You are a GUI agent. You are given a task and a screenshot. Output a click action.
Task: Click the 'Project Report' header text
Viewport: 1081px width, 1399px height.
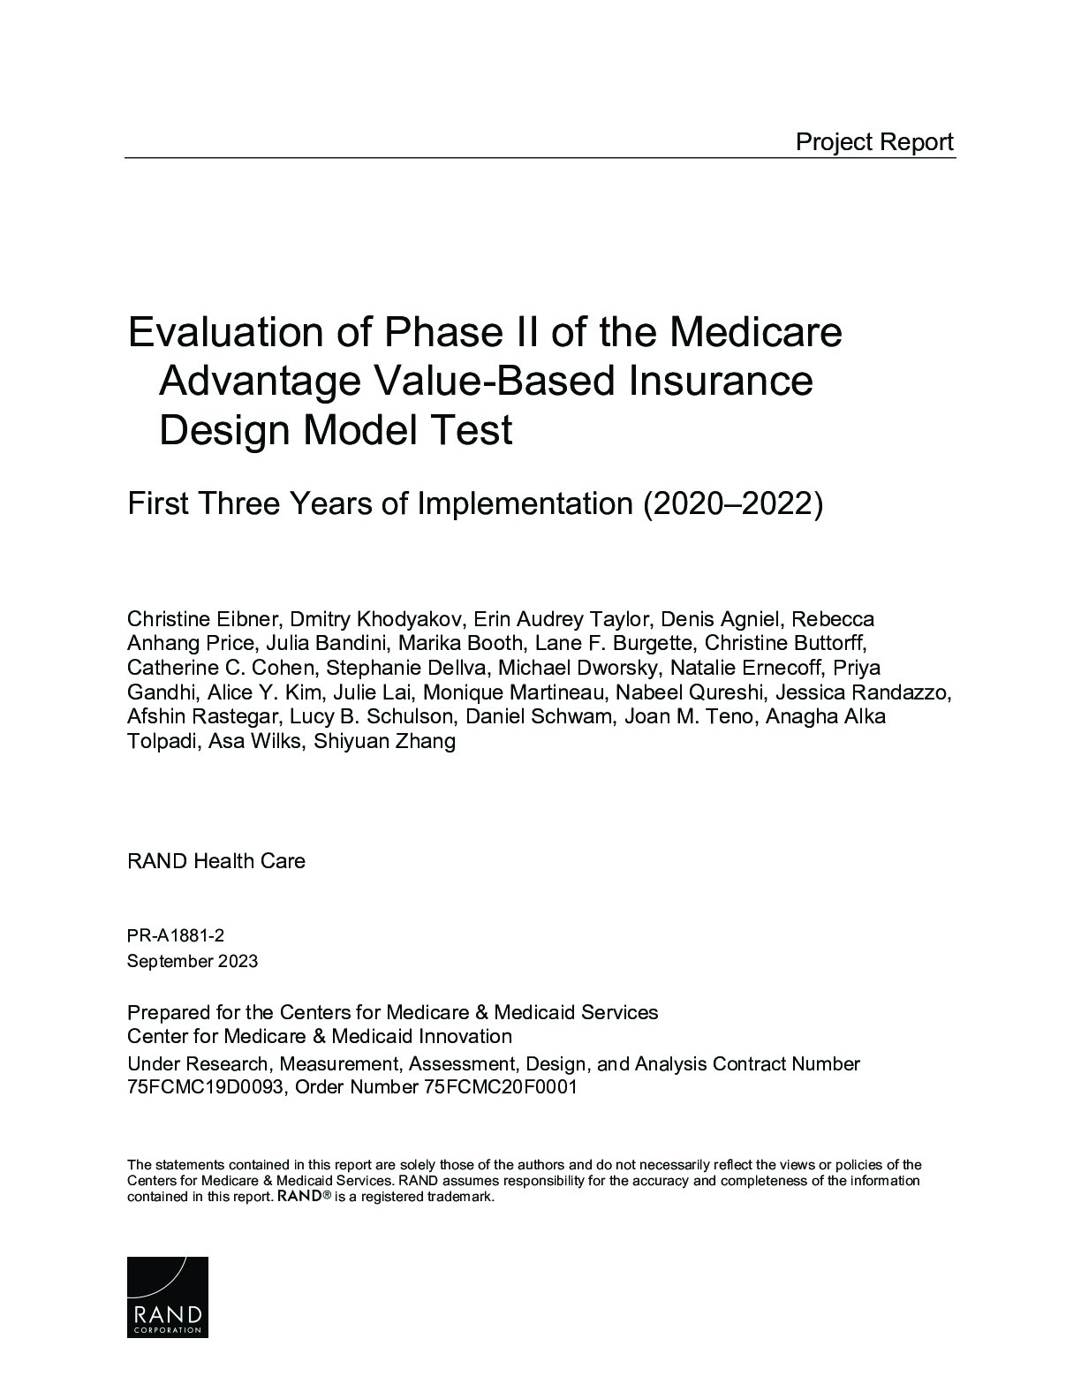click(874, 141)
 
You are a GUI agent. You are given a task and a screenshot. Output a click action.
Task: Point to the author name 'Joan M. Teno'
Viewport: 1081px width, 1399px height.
click(689, 716)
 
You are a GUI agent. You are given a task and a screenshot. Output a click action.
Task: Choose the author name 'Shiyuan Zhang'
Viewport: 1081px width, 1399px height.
click(384, 741)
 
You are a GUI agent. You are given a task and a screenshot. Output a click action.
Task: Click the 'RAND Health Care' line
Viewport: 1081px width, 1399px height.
click(216, 861)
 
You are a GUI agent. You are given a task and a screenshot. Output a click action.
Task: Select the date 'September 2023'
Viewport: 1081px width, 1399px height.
click(193, 961)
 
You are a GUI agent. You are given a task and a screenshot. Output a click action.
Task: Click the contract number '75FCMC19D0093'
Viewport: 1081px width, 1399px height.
click(206, 1087)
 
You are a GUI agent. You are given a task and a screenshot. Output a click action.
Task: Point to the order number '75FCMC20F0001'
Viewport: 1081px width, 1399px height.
click(500, 1087)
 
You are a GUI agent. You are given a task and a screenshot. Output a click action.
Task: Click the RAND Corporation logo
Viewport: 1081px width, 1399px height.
click(168, 1297)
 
